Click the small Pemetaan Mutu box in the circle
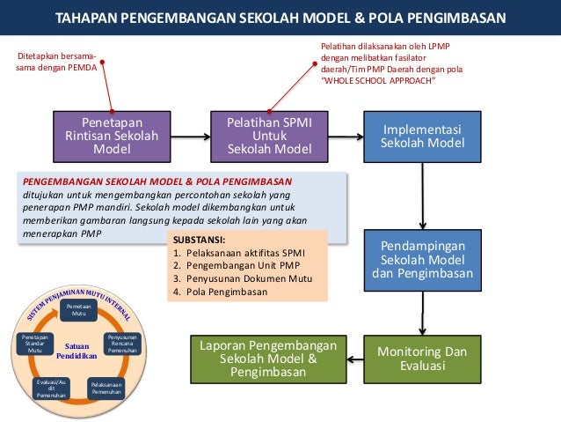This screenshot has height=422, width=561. (x=80, y=309)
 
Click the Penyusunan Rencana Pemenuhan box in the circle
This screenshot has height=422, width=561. (x=122, y=344)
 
